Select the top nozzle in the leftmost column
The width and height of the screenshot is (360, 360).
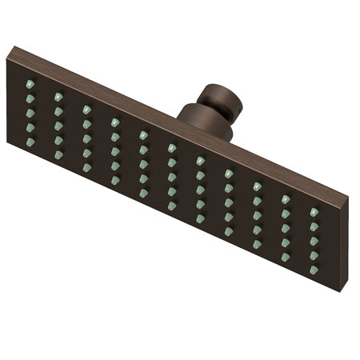(30, 84)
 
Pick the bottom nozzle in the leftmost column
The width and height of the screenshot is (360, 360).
(30, 142)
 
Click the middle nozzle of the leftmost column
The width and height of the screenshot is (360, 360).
(30, 113)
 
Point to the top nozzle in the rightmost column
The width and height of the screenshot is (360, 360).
(314, 212)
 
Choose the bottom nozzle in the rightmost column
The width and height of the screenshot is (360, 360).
(314, 270)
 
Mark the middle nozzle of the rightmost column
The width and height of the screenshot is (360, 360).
(314, 241)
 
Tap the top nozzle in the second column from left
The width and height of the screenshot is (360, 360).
(58, 97)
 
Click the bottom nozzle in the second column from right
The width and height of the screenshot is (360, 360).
(286, 258)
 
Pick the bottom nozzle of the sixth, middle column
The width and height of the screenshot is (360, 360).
(172, 206)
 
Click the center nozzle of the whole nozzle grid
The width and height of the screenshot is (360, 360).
(172, 177)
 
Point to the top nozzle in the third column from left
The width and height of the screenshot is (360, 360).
(87, 110)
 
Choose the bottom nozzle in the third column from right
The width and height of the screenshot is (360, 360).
(258, 245)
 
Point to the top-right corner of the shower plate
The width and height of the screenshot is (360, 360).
(349, 197)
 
